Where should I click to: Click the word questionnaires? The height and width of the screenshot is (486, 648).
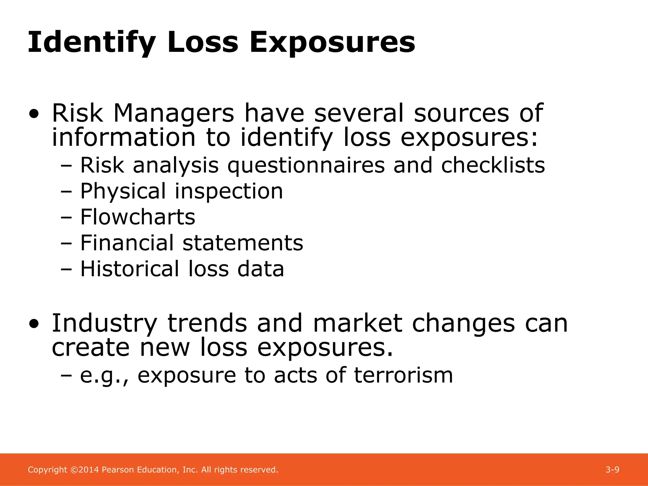click(306, 165)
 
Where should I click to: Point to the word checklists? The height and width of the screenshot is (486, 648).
click(493, 165)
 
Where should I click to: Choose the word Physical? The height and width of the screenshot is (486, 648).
click(123, 191)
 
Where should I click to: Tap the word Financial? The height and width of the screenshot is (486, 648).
click(127, 243)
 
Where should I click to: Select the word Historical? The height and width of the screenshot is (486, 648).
click(130, 269)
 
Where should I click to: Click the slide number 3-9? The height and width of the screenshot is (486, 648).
click(612, 470)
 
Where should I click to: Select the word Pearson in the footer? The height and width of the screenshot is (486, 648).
click(118, 470)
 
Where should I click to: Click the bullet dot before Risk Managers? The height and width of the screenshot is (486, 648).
click(34, 114)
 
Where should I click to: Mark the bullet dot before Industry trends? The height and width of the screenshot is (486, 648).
click(34, 324)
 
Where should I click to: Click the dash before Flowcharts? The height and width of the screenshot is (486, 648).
click(66, 218)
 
